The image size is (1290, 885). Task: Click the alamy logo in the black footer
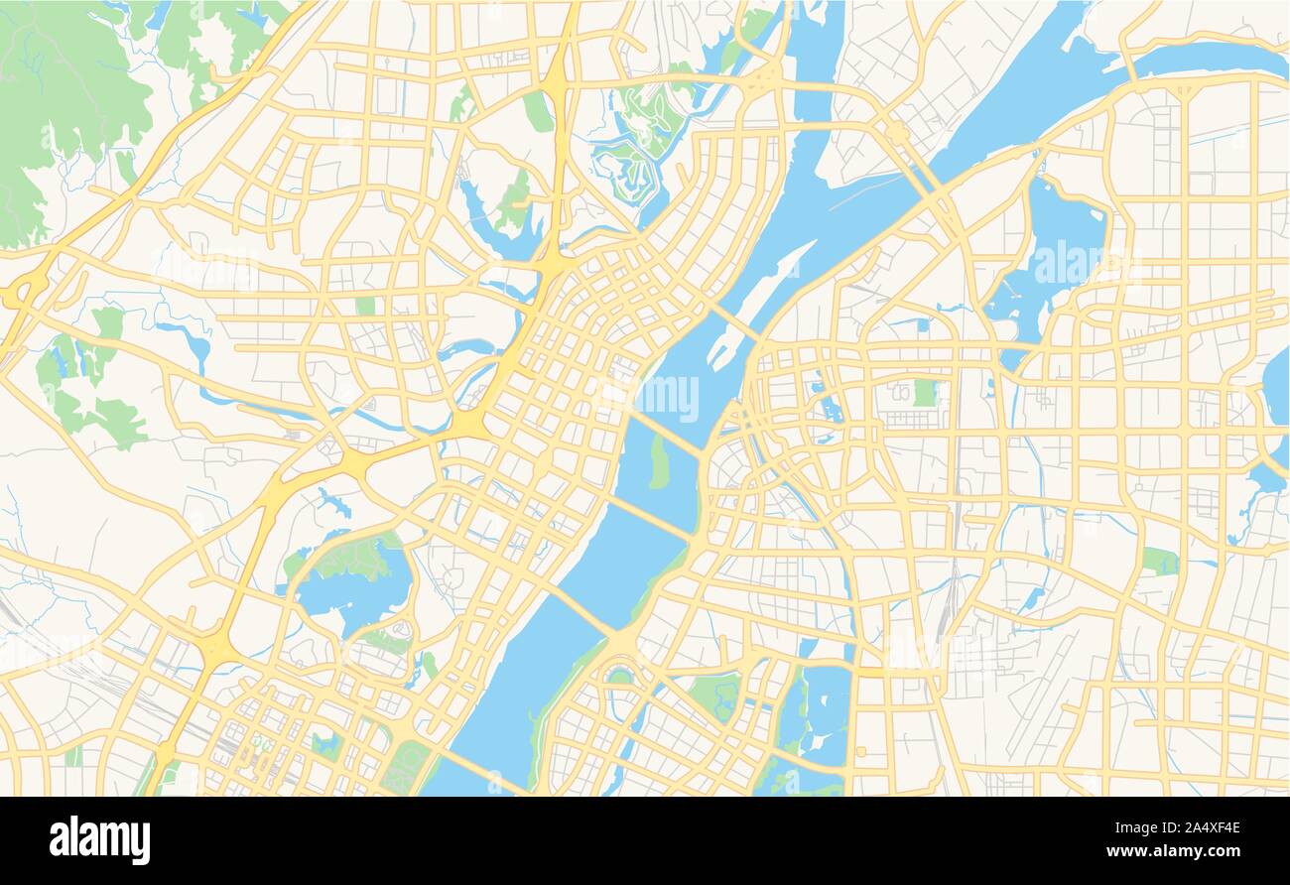coord(99,839)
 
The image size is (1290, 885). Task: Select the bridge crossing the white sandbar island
coord(734,321)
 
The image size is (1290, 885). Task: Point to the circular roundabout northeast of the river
coord(897,132)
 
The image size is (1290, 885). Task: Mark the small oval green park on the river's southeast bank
coord(619,677)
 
